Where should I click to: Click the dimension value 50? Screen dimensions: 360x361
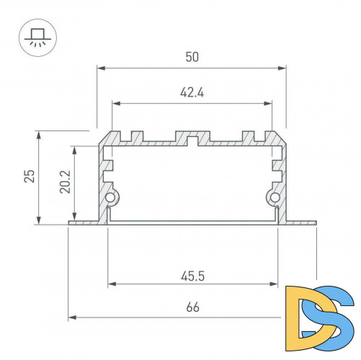(192, 58)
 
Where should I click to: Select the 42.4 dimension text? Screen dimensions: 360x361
(192, 92)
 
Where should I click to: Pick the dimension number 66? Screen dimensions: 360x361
(192, 307)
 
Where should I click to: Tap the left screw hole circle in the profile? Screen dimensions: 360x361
(110, 198)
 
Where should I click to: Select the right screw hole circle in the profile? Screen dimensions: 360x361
(274, 198)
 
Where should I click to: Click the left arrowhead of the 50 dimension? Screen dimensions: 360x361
(100, 68)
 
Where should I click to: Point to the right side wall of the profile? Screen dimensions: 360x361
(283, 180)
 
